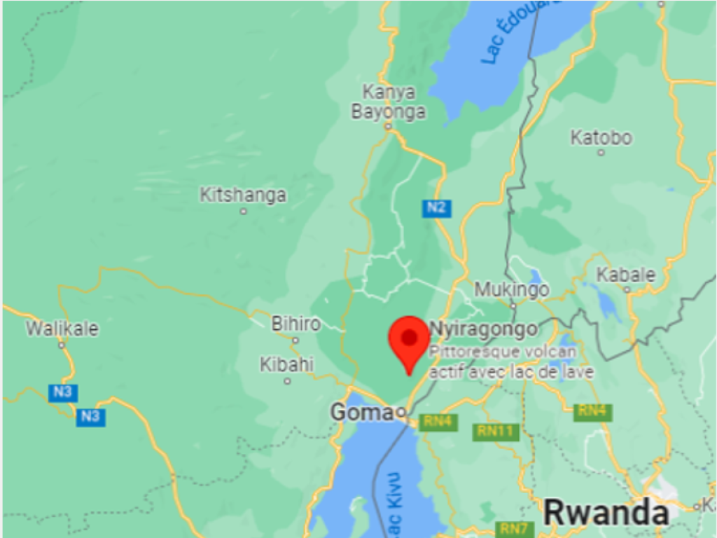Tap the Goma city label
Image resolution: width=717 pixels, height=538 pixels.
coord(362,413)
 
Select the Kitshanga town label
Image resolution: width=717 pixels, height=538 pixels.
coord(243,195)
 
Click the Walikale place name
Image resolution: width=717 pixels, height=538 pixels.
coord(62,329)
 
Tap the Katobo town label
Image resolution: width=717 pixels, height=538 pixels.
coord(601,137)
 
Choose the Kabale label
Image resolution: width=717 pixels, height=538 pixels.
coord(626,275)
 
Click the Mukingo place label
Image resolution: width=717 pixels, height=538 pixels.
coord(512,289)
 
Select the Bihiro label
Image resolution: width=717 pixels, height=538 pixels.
coord(295,324)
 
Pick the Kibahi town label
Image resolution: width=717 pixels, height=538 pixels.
coord(287,365)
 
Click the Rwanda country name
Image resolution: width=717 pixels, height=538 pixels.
coord(606,512)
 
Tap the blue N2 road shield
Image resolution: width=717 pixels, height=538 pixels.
coord(437,207)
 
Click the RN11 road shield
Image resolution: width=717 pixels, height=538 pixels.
coord(496,431)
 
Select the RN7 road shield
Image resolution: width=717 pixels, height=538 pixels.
coord(515,529)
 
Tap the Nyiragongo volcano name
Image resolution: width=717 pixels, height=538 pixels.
coord(483,329)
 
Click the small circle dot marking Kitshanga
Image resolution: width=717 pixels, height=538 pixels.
coord(243,211)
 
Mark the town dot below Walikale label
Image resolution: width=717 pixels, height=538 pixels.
coord(62,345)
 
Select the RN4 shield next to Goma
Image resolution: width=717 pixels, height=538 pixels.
coord(438,422)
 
